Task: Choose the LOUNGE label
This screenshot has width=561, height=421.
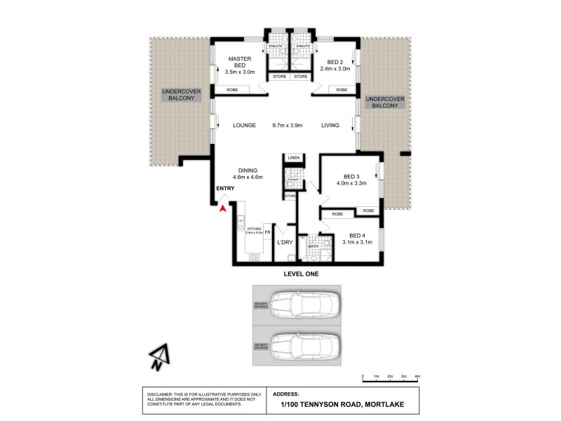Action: (x=245, y=126)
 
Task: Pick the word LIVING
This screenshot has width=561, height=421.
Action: (x=330, y=126)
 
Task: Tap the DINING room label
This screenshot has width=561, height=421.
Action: (x=248, y=171)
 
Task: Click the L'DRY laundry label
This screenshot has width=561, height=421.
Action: (x=284, y=242)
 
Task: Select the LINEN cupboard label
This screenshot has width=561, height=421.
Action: (x=293, y=158)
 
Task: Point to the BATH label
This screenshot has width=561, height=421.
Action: (x=313, y=246)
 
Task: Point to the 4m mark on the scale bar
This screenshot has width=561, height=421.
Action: (x=417, y=377)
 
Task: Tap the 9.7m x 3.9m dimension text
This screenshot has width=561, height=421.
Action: (x=288, y=126)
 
